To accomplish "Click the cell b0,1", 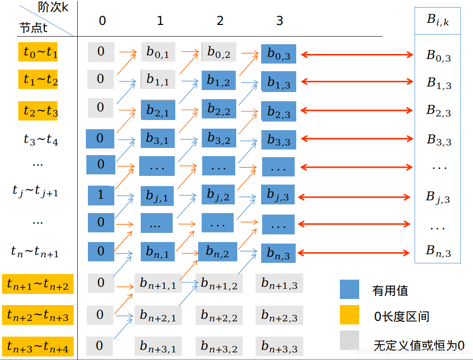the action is coord(157,52).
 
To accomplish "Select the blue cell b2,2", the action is coord(218,109).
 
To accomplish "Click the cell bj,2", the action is coord(218,195).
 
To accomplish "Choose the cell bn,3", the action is coord(278,253).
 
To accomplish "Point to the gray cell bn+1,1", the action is coord(158,283).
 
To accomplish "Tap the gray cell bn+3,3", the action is coord(279,346).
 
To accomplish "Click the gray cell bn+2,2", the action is coord(219,315).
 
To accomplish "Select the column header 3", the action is coord(279,21).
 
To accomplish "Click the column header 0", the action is coord(102,21).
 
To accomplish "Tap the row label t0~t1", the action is coord(38,52).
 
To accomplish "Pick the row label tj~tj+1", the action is coord(36,191).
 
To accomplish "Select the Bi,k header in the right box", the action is coord(437,21).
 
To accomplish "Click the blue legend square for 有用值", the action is coord(350,290).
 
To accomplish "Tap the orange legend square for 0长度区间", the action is coord(350,316).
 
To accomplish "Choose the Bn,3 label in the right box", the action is coord(438,251).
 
